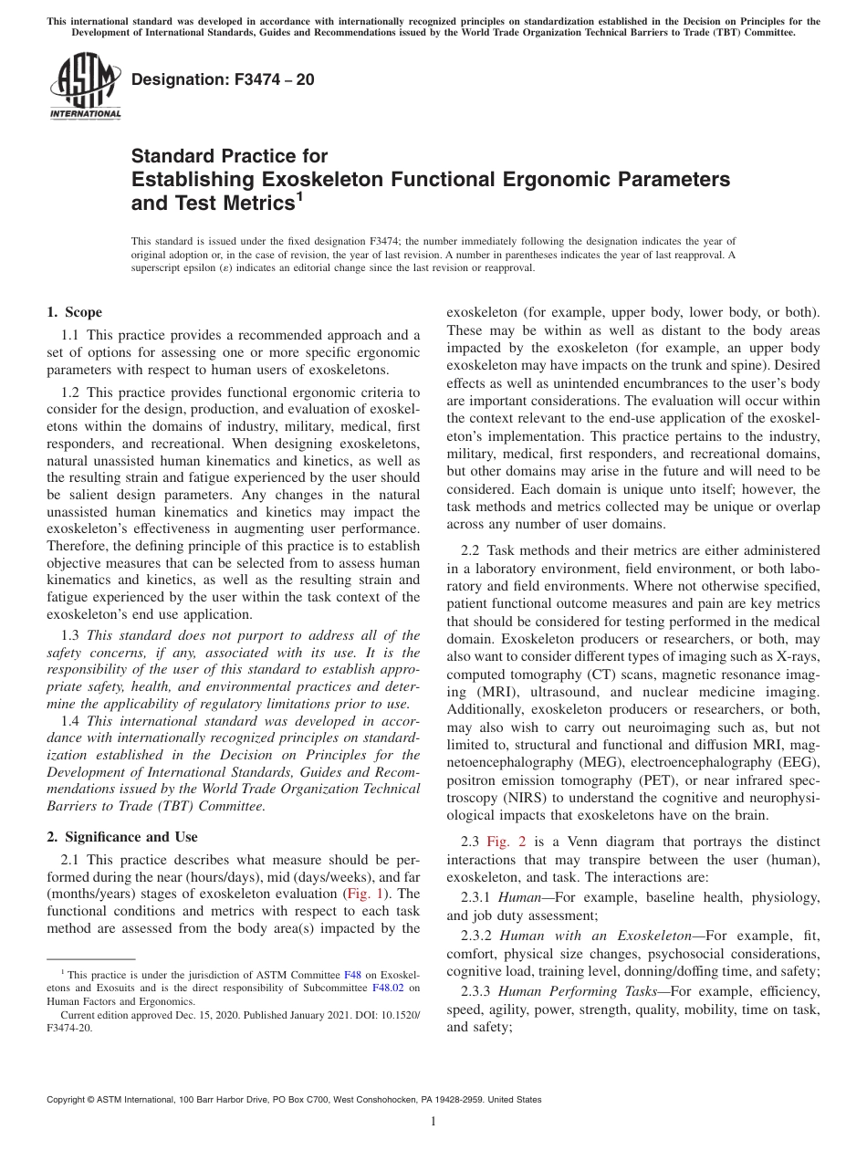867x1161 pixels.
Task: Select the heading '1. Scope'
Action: [x=75, y=312]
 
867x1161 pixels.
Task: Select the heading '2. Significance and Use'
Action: [x=122, y=837]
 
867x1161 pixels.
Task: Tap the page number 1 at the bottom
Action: [x=433, y=1122]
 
